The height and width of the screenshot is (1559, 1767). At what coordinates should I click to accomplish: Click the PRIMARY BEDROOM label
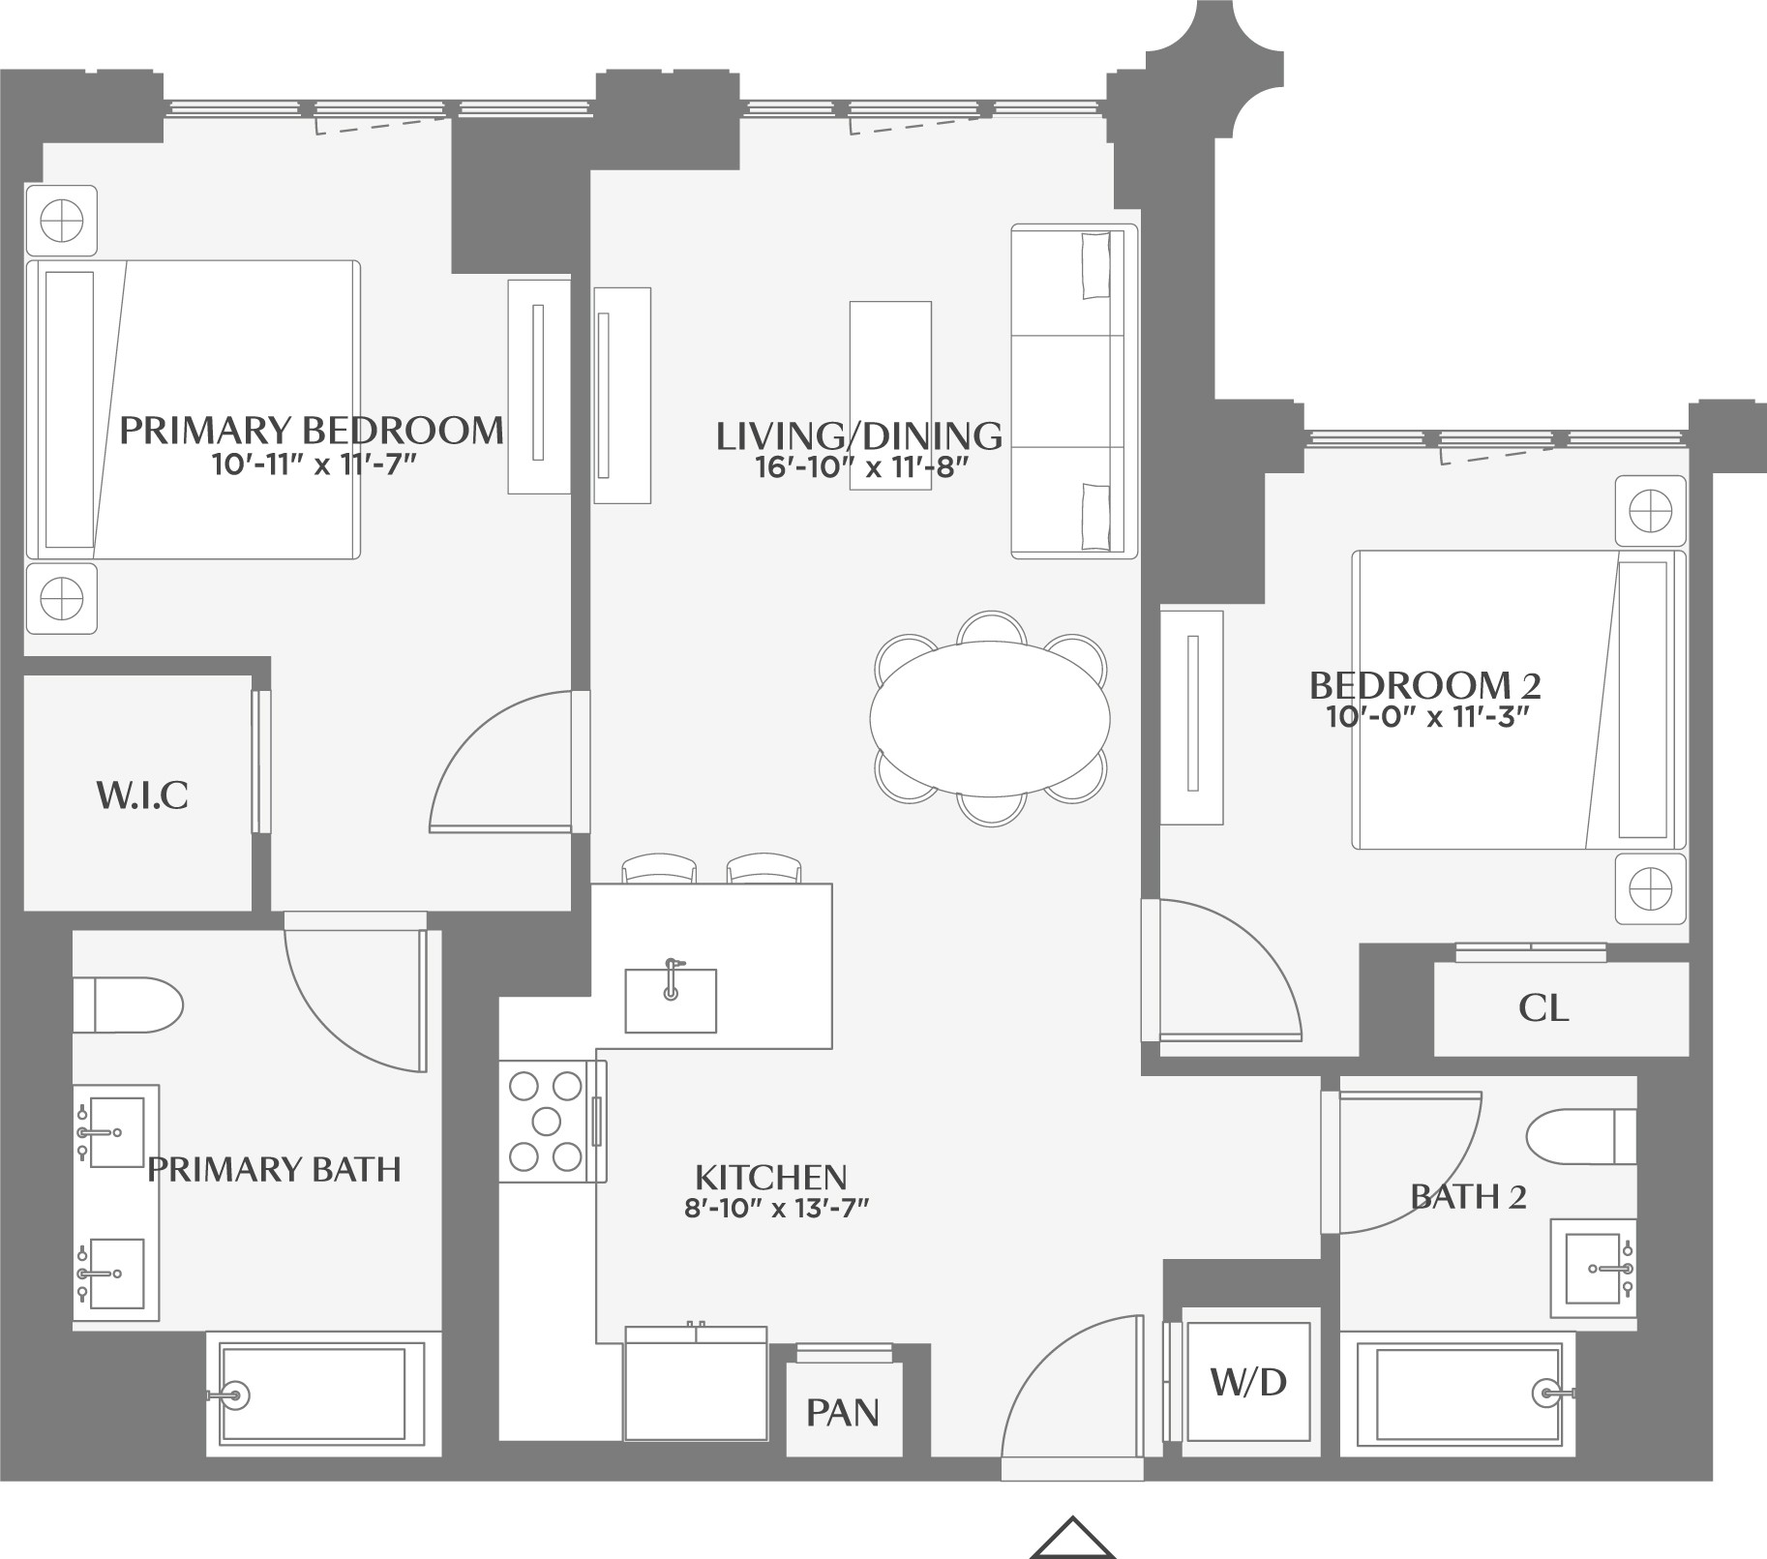(311, 430)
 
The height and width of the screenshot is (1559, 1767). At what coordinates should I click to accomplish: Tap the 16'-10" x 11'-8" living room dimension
(860, 468)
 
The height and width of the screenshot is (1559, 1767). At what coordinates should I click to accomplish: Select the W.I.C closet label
(141, 795)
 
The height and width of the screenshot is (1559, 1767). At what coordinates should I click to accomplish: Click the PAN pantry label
(843, 1413)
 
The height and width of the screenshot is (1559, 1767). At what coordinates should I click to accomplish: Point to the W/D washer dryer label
(1248, 1382)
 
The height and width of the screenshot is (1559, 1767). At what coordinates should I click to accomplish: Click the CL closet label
(1542, 1008)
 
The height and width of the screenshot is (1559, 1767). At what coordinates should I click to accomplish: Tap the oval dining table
(989, 717)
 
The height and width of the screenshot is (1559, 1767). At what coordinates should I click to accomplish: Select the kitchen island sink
(671, 1000)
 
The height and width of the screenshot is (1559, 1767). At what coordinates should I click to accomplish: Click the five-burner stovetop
(547, 1122)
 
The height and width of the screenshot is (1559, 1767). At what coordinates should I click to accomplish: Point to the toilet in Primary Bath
(129, 1005)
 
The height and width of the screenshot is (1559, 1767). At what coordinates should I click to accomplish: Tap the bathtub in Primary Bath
(314, 1394)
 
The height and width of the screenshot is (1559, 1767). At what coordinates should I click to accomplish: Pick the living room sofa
(1074, 391)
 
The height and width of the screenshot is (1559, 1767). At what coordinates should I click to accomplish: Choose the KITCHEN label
(770, 1177)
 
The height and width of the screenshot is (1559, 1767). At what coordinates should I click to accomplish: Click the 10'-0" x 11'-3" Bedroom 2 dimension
(1425, 717)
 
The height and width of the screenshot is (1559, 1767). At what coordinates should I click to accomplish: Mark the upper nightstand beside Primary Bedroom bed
(61, 222)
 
